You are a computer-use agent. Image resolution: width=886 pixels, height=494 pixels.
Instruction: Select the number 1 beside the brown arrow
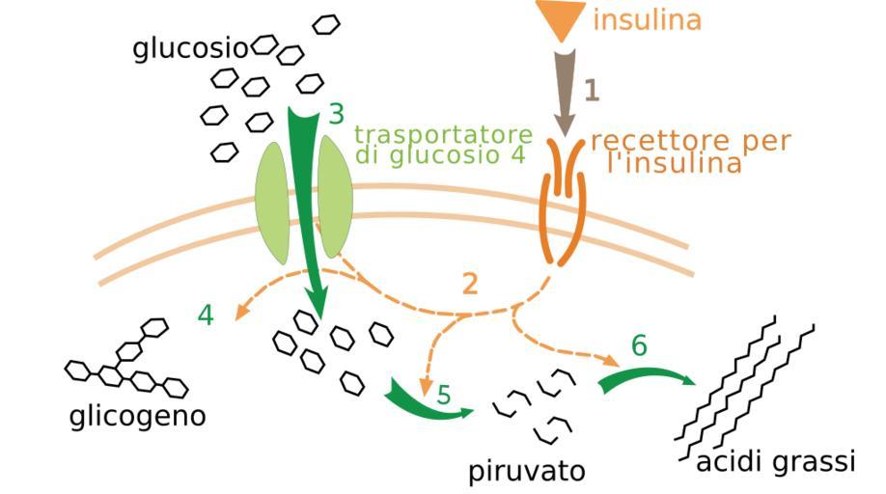[x=592, y=91]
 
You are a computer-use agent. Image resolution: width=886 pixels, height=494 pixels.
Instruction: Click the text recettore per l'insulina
[x=689, y=151]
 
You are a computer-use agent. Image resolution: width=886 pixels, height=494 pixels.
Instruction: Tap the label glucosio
[x=191, y=48]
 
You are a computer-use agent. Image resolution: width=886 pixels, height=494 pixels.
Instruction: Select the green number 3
[x=336, y=115]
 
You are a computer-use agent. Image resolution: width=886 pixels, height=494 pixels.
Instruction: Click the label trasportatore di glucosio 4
[x=442, y=144]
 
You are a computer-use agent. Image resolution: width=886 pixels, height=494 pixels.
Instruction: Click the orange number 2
[x=470, y=284]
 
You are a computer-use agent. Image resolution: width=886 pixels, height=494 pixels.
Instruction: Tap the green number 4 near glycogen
[x=206, y=315]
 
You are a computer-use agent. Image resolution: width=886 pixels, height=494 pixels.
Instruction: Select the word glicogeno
[x=138, y=418]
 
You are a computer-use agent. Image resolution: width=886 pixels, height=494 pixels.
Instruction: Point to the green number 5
[x=443, y=395]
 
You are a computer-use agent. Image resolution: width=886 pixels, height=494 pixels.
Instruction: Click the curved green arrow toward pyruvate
[x=425, y=401]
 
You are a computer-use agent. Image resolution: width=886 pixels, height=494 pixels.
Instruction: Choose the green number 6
[x=640, y=345]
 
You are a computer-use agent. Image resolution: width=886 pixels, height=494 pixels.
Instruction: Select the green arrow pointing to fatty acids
[x=645, y=375]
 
